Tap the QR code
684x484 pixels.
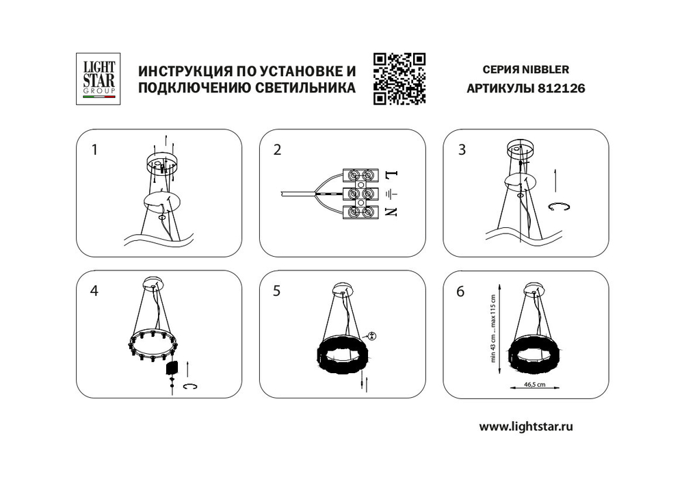tap(399, 78)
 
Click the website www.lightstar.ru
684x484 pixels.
tap(525, 426)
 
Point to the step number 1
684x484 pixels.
tap(94, 150)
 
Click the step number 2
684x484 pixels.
tap(276, 150)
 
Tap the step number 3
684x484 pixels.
tap(462, 150)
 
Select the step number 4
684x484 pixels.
tap(94, 290)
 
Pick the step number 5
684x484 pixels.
tap(276, 290)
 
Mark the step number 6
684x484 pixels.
tap(462, 290)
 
